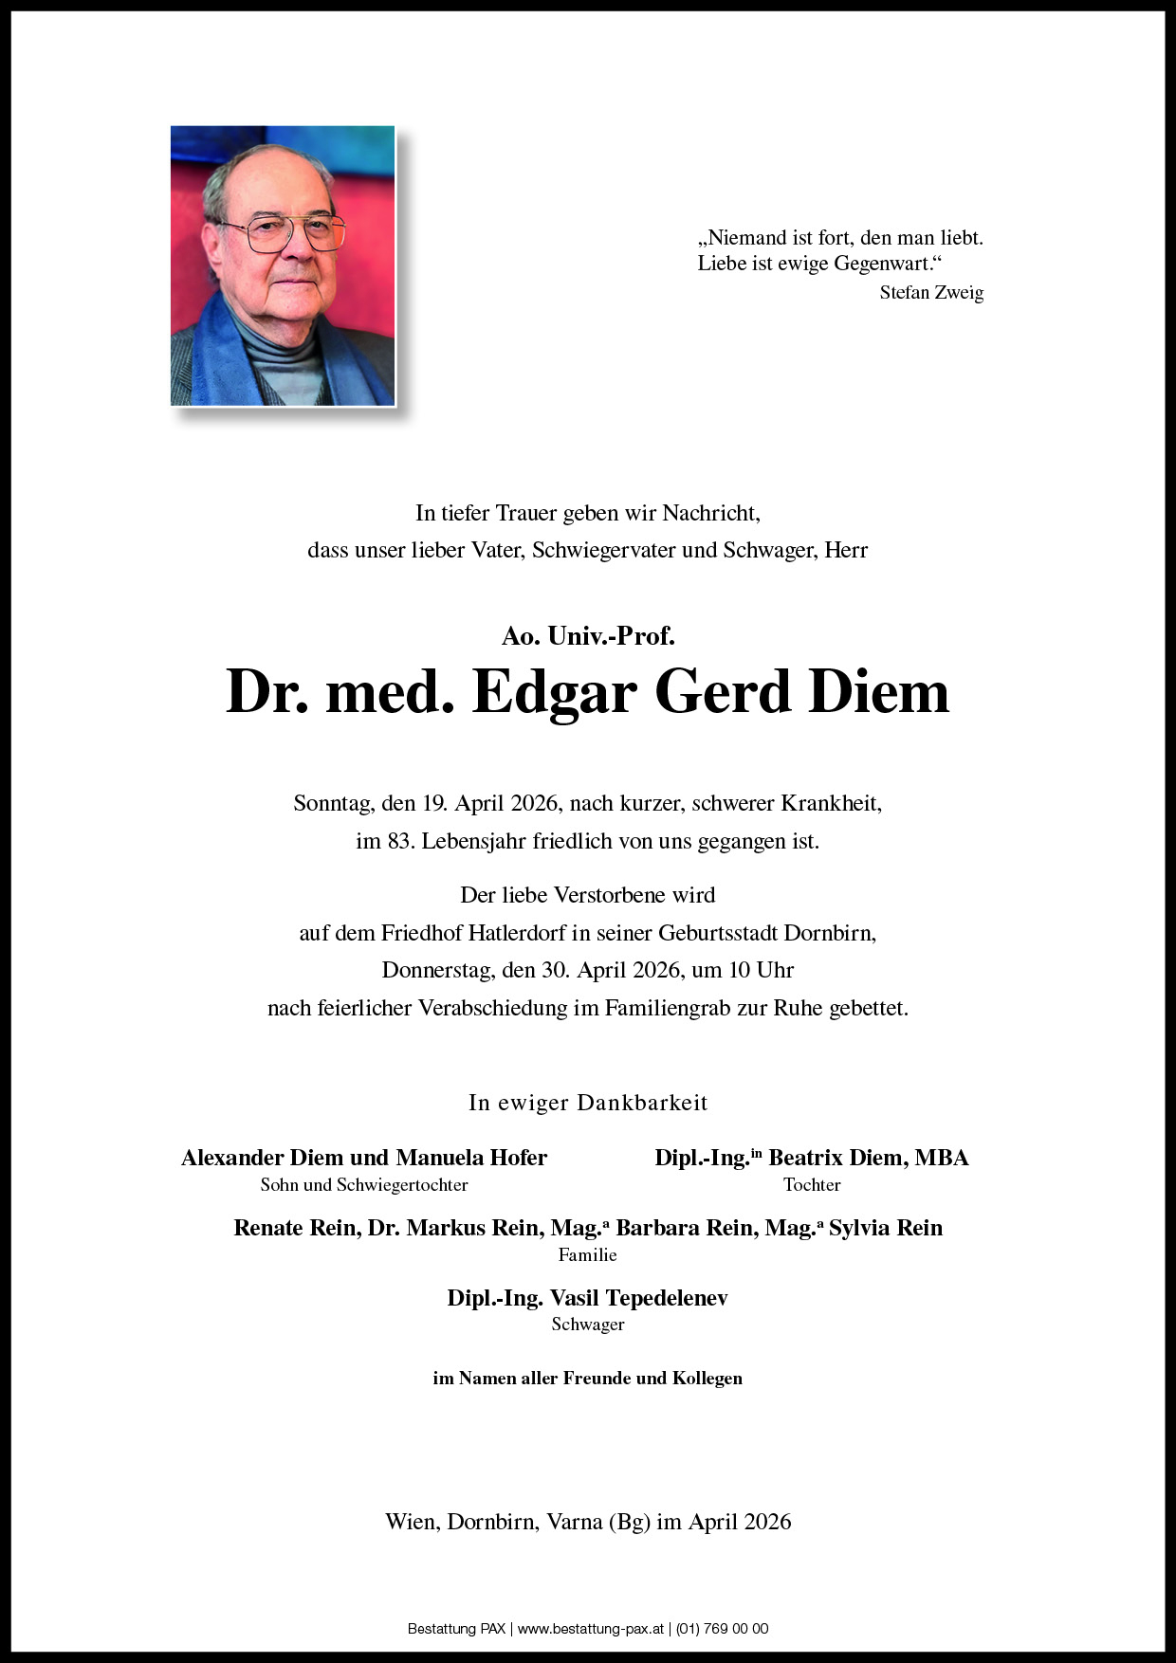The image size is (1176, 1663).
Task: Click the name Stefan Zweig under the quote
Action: click(931, 293)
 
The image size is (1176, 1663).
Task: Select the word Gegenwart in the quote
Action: click(879, 264)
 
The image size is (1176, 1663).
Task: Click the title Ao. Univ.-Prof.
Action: click(588, 636)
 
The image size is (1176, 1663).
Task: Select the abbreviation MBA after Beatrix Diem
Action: click(942, 1158)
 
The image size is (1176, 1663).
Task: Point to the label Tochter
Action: click(812, 1185)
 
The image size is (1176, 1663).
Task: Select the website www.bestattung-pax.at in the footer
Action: click(590, 1630)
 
